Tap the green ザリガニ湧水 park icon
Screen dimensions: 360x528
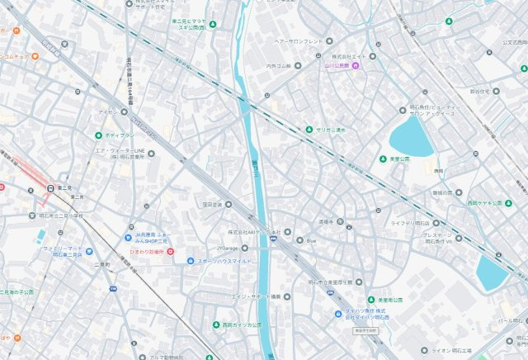[308, 130]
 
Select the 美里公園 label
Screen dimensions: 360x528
[400, 159]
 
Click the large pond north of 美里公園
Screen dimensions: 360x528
[410, 136]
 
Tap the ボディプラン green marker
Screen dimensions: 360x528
[98, 135]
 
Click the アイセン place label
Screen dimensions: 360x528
[107, 110]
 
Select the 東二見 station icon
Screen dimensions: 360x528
[51, 188]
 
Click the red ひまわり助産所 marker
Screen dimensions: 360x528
[170, 251]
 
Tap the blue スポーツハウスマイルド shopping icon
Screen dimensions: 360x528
[191, 261]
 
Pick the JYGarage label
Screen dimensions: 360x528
[228, 247]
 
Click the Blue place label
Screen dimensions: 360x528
[310, 240]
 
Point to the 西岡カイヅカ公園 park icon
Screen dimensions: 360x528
[215, 324]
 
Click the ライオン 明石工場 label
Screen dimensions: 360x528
[479, 351]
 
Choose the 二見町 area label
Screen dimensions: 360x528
[102, 264]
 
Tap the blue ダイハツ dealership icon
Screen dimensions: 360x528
[338, 313]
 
